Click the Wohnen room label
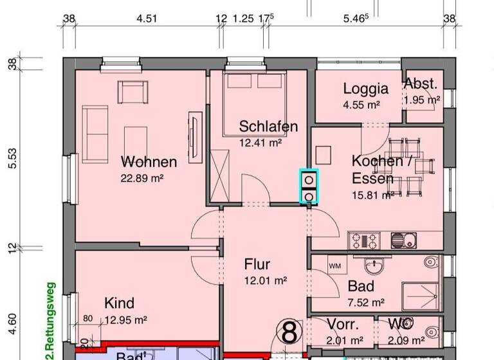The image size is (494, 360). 149,161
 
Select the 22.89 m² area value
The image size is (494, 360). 143,178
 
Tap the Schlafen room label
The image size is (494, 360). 268,126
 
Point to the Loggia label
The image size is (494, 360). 365,89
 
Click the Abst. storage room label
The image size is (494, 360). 421,84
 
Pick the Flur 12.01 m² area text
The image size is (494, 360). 266,280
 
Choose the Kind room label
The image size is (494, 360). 120,303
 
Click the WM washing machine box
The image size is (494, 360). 334,265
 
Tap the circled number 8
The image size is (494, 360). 290,333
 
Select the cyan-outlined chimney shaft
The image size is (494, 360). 309,187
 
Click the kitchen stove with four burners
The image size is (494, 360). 365,241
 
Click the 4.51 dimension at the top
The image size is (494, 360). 147,19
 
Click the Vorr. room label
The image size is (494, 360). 342,324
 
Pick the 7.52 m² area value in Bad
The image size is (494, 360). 366,302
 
